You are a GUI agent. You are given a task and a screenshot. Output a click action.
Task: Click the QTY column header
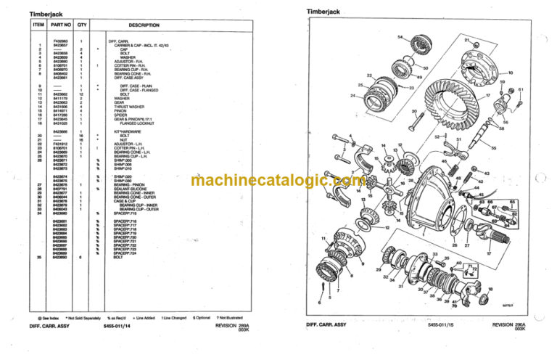[82, 26]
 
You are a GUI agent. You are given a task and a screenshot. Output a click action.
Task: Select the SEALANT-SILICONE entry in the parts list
[130, 189]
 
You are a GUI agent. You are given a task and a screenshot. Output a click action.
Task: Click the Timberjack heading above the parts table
[43, 13]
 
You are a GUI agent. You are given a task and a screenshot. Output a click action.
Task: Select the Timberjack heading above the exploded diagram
[321, 12]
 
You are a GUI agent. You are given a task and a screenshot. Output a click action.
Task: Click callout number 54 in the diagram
[400, 37]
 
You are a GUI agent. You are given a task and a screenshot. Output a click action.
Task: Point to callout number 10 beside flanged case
[511, 73]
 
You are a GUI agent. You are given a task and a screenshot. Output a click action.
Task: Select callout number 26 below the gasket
[454, 245]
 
